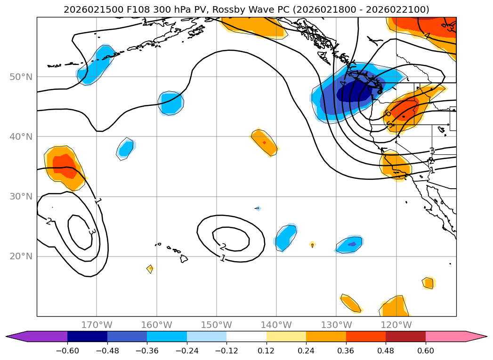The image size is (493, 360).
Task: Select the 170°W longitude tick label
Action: pyautogui.click(x=97, y=325)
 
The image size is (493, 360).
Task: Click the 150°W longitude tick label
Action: pyautogui.click(x=216, y=325)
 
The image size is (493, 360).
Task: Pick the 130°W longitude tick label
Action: pyautogui.click(x=336, y=325)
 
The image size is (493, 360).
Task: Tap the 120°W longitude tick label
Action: pyautogui.click(x=396, y=325)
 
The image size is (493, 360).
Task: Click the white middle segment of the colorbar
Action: pyautogui.click(x=246, y=336)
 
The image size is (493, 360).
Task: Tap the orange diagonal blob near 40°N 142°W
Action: pyautogui.click(x=264, y=142)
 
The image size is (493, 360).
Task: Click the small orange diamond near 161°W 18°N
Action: pyautogui.click(x=150, y=269)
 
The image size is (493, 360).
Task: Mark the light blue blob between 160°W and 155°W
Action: pyautogui.click(x=170, y=103)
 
